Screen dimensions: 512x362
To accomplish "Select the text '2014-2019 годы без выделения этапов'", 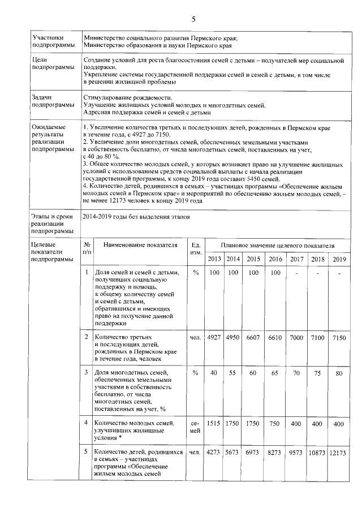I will click(x=132, y=216).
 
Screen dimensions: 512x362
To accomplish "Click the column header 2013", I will click(x=214, y=259).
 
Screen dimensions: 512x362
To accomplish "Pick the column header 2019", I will click(x=339, y=259).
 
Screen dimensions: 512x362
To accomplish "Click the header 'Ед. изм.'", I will click(x=196, y=249).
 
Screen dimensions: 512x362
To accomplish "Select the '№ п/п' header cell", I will click(x=86, y=249).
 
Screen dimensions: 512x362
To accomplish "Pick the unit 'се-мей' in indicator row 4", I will click(x=196, y=428).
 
